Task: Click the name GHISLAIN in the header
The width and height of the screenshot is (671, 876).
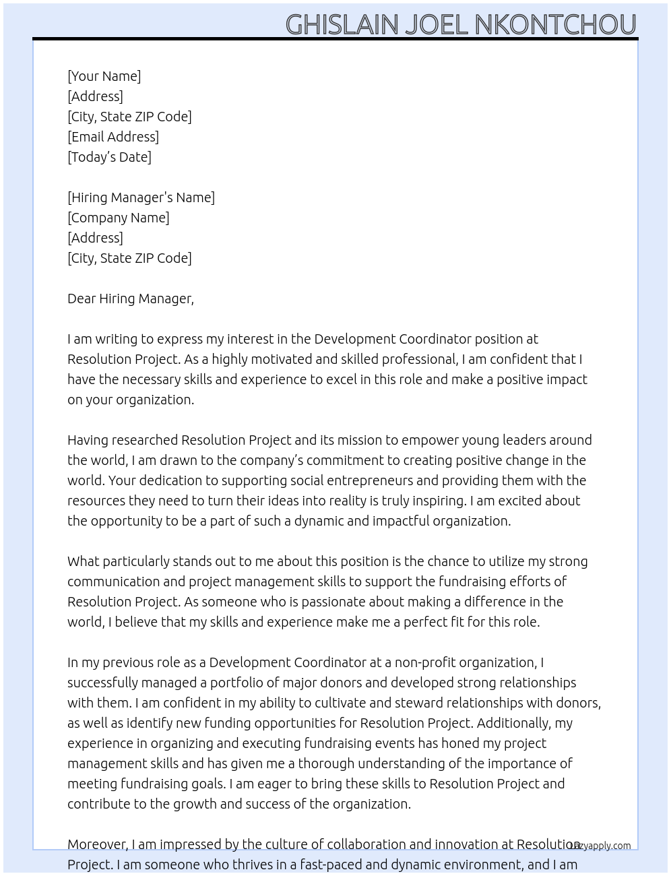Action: click(342, 25)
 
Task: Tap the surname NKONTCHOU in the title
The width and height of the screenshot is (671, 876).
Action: click(555, 25)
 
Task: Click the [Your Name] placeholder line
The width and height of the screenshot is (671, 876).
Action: click(104, 76)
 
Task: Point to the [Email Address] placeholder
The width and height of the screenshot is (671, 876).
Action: click(113, 137)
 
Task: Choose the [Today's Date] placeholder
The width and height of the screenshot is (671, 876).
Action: click(109, 157)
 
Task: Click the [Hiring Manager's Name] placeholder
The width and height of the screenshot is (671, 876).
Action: click(141, 197)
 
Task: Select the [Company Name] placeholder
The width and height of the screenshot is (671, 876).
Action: click(119, 218)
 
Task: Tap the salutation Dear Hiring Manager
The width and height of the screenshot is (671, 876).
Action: click(130, 299)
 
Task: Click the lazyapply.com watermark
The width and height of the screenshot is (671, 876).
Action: click(600, 846)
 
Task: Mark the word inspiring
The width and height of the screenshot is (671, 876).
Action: click(437, 501)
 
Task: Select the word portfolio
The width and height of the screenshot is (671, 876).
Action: click(236, 683)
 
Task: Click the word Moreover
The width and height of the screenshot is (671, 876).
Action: click(97, 844)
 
